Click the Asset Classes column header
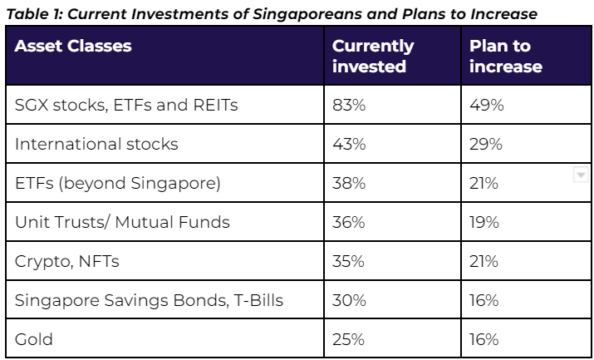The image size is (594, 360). coord(73,47)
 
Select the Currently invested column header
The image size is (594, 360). coord(373,56)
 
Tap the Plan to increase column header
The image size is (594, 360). coord(506,56)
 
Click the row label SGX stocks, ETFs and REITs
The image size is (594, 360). coord(126,105)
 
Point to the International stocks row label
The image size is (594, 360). coord(96,144)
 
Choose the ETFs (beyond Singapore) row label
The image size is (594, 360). coord(117,184)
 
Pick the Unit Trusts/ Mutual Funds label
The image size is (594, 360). coord(122,222)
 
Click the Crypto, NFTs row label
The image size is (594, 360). coord(67,261)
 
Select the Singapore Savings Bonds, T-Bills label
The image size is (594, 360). coord(149,300)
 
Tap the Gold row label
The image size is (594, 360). coord(34,339)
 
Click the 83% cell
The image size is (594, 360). coord(349,105)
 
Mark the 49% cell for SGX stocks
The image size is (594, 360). coord(486,105)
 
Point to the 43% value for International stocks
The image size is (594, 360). coord(349,144)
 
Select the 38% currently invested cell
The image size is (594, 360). coord(349,184)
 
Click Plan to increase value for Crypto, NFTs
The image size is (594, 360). coord(484,261)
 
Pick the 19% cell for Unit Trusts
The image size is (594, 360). coord(484,222)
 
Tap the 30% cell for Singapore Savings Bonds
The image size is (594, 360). coord(349,300)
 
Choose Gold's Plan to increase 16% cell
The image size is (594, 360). coord(484,339)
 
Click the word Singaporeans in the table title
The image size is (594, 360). coord(307,14)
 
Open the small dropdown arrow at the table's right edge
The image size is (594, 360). coord(581,175)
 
